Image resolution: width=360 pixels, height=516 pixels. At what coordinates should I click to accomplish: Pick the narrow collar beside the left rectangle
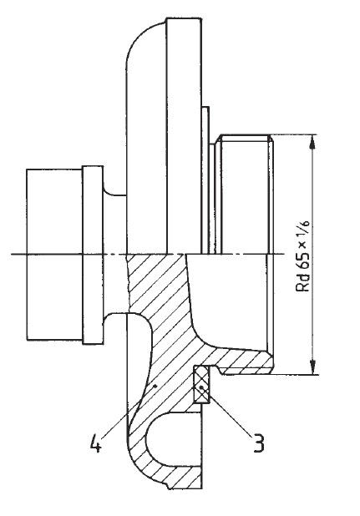93,255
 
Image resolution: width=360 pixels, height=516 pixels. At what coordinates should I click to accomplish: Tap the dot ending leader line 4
155,385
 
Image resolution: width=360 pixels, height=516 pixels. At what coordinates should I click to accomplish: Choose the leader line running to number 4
129,411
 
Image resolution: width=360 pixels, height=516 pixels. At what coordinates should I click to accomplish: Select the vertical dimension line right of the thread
313,255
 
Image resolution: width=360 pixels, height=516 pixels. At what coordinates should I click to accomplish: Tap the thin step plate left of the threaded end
205,180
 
